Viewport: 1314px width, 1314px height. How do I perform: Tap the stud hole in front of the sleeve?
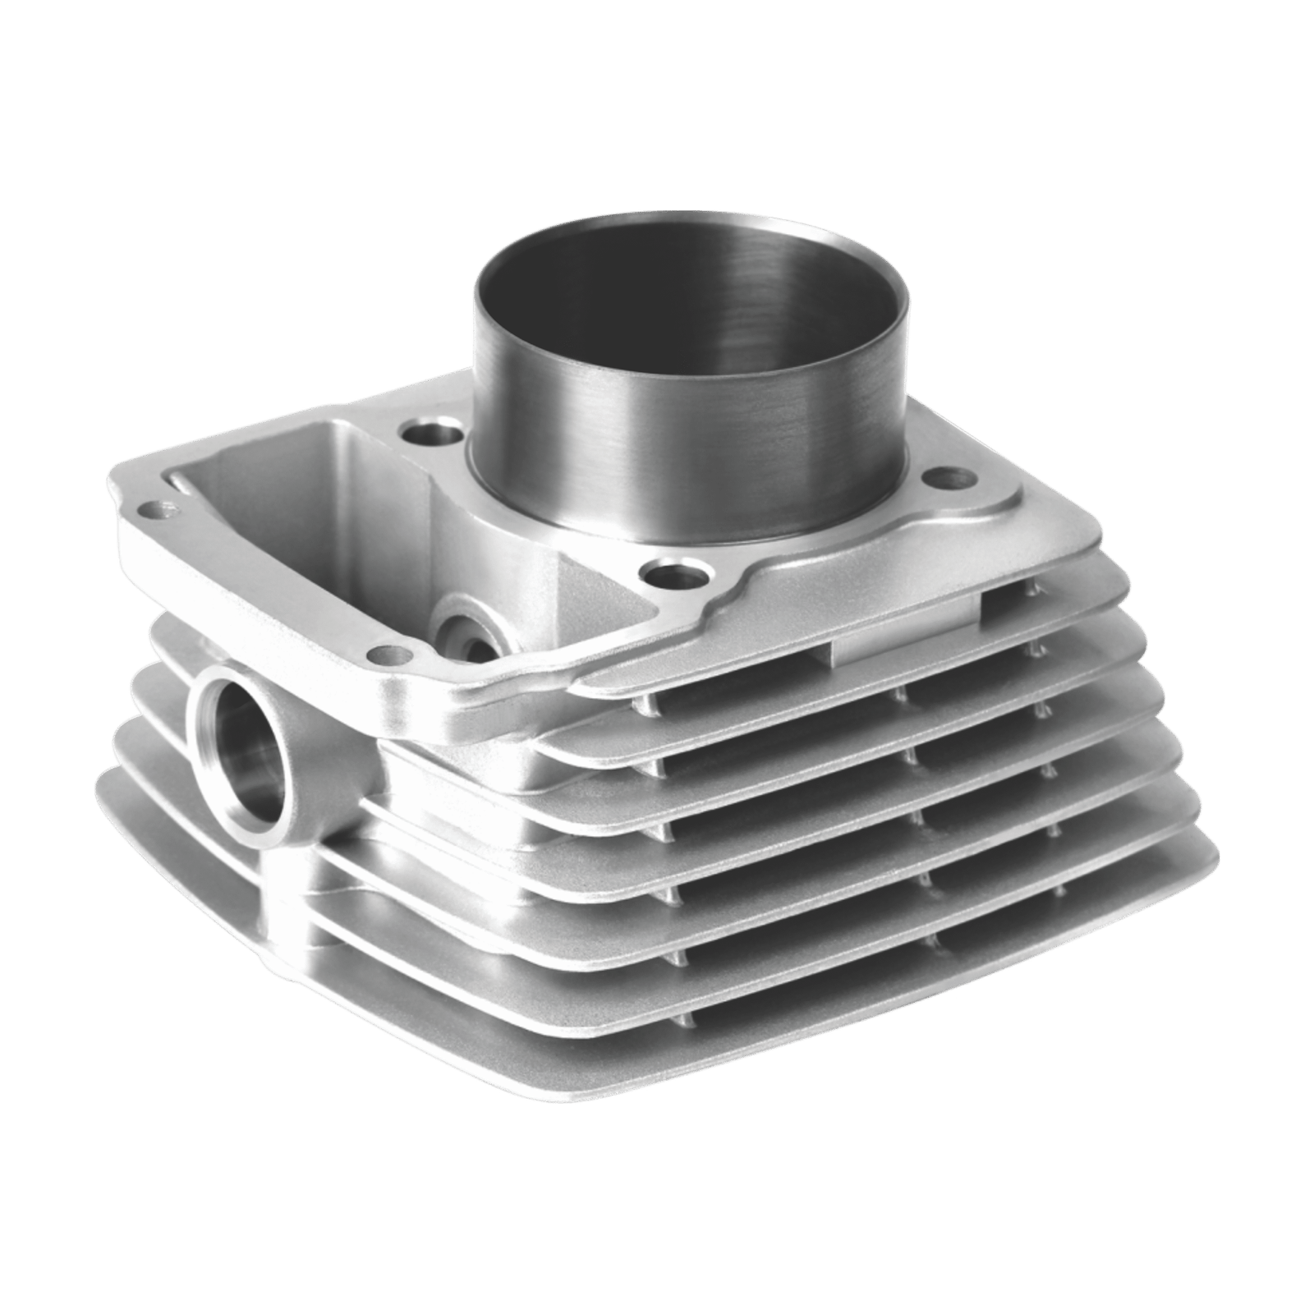[671, 572]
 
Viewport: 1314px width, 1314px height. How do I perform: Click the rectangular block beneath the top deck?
[903, 628]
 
